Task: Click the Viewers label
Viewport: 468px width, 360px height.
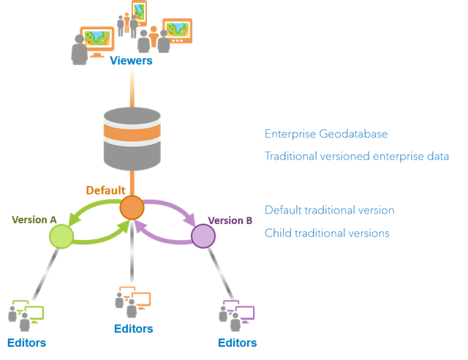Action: pos(131,61)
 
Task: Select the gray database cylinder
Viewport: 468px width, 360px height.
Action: pos(132,139)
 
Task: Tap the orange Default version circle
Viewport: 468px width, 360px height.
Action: pos(132,207)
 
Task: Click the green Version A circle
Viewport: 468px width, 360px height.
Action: pos(61,236)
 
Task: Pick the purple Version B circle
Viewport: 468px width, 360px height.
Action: pos(202,236)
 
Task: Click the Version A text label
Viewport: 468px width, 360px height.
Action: pos(34,220)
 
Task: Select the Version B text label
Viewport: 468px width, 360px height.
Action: pos(230,220)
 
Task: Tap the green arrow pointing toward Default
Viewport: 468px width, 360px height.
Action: pos(99,234)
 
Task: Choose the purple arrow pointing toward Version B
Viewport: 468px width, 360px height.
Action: pos(171,209)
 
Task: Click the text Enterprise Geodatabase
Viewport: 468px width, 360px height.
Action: pos(326,135)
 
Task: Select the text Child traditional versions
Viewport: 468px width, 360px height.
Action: pos(327,233)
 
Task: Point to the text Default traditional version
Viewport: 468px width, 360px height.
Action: pos(330,210)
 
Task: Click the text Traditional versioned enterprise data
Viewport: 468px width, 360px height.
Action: pos(356,157)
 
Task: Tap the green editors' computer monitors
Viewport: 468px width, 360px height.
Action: pos(30,311)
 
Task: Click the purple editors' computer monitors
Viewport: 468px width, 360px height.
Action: pos(241,311)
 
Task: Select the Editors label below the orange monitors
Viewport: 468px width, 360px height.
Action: pos(133,329)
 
